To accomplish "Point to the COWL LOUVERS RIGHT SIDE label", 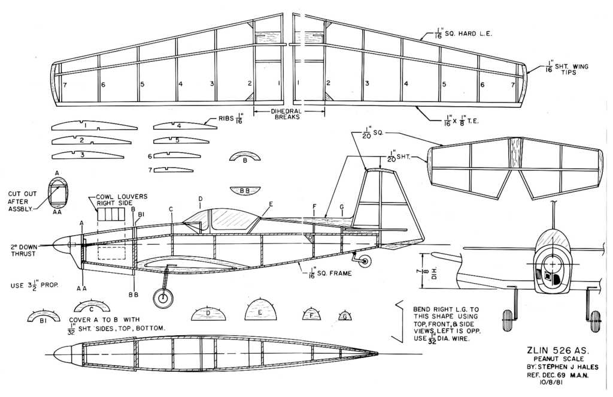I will point(122,200).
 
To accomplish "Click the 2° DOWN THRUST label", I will point(23,250).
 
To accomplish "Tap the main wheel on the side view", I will point(161,297).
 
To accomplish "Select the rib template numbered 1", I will point(93,127).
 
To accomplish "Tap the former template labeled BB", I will point(245,190).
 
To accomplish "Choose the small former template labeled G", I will point(345,315).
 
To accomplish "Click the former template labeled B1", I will point(44,318).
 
